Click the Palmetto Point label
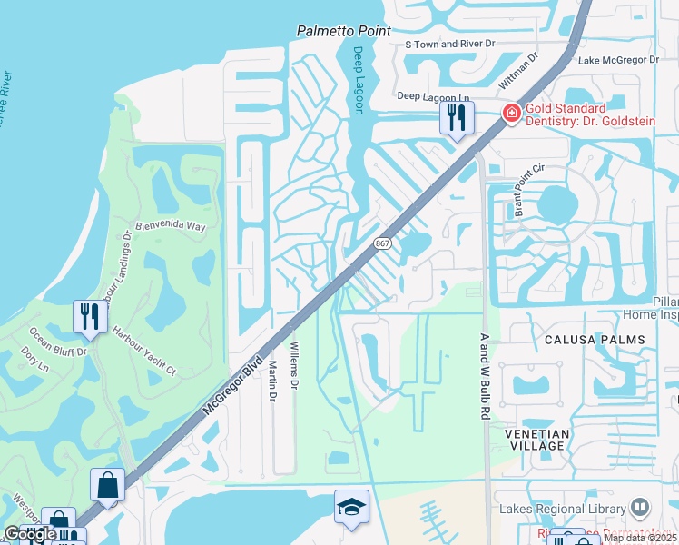(344, 31)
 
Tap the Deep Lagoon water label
(359, 80)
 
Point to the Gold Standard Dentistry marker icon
(513, 114)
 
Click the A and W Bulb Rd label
(484, 375)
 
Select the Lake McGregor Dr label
(618, 60)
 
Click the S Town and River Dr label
(450, 43)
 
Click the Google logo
(29, 534)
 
